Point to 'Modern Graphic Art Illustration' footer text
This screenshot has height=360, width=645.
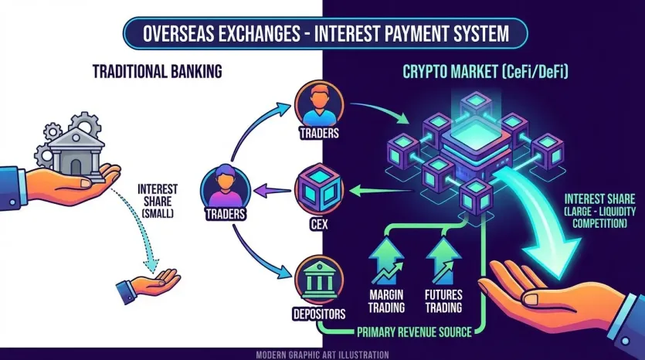322,354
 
